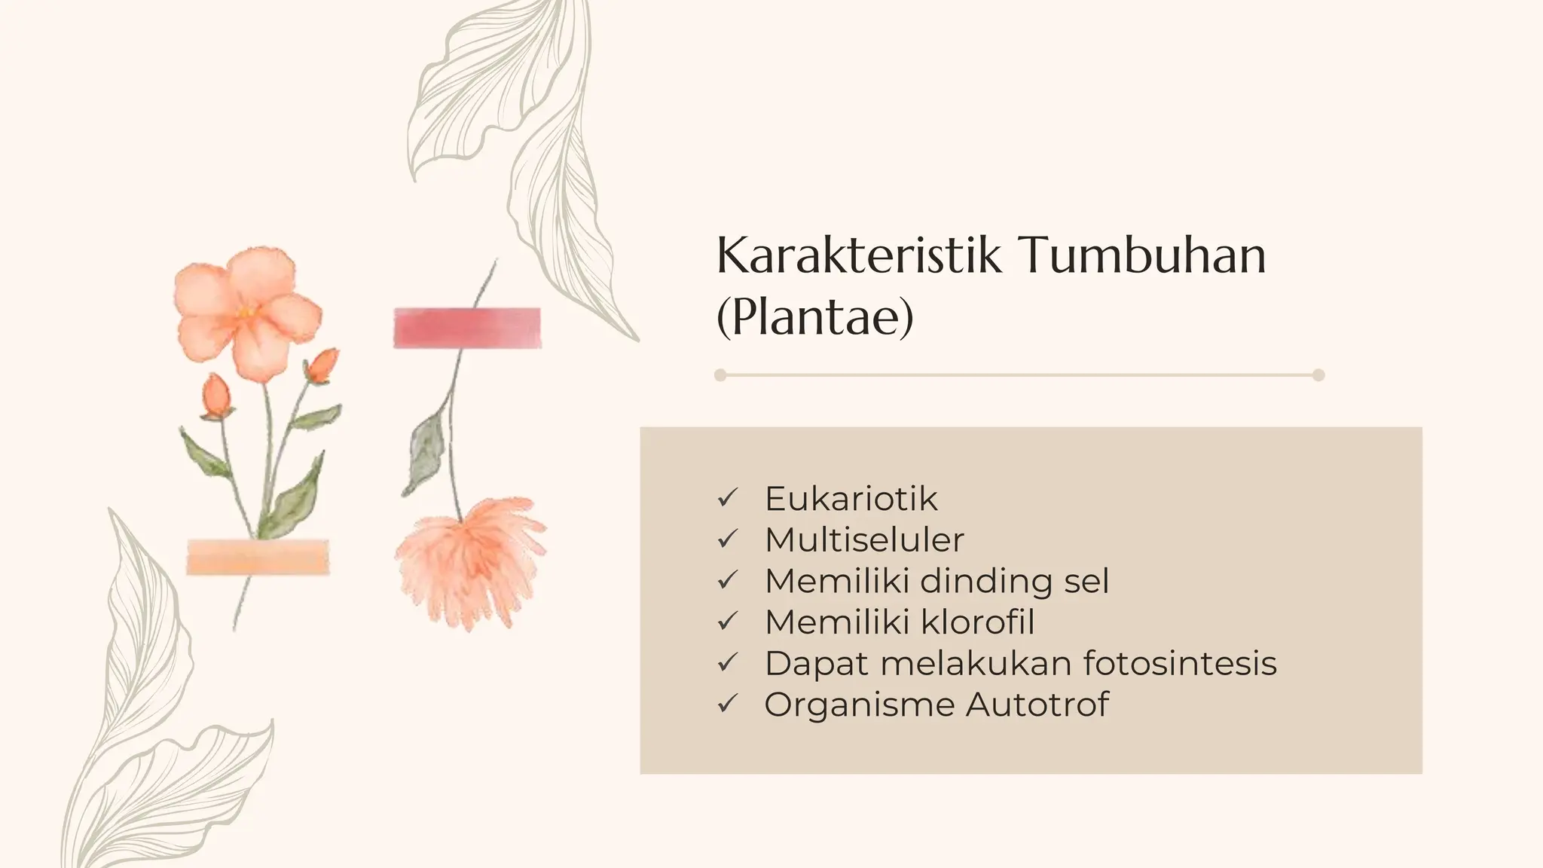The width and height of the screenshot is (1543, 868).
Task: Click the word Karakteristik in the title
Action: (859, 255)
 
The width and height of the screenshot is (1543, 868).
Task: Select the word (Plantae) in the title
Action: (814, 317)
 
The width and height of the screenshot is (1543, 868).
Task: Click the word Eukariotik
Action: (851, 499)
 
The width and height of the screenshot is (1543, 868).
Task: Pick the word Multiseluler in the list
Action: (864, 540)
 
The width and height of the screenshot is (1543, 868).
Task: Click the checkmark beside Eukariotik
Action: (727, 498)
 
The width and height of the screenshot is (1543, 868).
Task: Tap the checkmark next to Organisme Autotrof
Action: (727, 704)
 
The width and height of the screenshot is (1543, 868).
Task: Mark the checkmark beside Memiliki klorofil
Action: (727, 622)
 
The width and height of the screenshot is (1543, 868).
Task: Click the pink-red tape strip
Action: (467, 329)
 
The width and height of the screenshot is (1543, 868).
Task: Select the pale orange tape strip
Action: (258, 558)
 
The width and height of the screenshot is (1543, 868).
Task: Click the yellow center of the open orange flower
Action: (245, 311)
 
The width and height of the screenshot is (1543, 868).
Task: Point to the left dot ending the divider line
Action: (720, 375)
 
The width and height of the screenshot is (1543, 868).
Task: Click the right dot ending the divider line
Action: (1318, 375)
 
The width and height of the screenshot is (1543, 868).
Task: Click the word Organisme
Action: (858, 705)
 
